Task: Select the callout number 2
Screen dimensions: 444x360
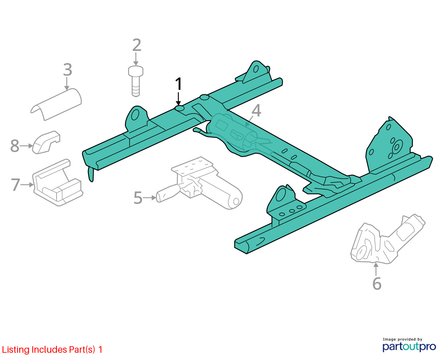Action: point(137,45)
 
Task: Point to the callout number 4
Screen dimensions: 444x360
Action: point(256,111)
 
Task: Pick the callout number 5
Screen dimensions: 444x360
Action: point(138,198)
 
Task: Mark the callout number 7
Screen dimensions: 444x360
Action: point(16,185)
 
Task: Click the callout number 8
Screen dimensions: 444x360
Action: point(15,146)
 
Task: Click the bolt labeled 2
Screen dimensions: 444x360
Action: point(136,81)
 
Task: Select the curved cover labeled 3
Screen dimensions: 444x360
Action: point(57,104)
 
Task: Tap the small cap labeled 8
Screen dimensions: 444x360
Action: point(46,143)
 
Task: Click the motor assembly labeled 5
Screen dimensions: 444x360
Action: point(200,183)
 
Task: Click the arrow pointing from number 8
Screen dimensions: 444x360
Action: point(26,146)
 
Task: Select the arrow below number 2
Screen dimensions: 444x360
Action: point(136,59)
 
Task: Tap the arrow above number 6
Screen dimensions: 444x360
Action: point(376,269)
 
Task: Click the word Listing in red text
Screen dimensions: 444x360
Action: point(16,350)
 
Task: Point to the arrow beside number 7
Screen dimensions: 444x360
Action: point(27,185)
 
